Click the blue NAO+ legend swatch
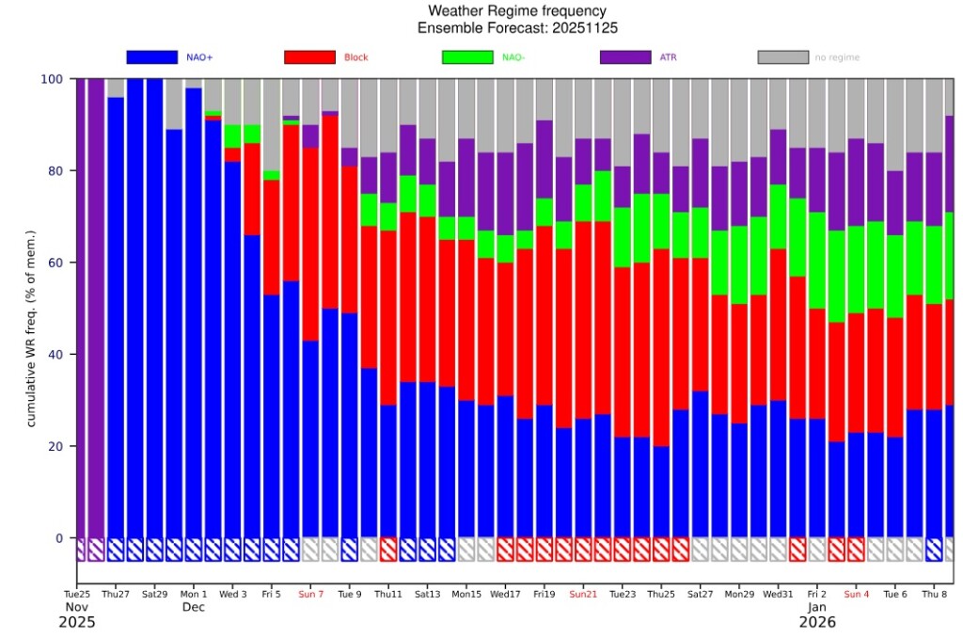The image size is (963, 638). pyautogui.click(x=151, y=57)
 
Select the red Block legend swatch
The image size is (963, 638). pyautogui.click(x=309, y=57)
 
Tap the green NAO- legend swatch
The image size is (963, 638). pyautogui.click(x=467, y=57)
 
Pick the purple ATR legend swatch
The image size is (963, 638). pyautogui.click(x=625, y=57)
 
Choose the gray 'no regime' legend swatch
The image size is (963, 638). pyautogui.click(x=783, y=57)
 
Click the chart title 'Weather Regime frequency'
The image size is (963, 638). pyautogui.click(x=517, y=10)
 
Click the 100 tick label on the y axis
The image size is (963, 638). pyautogui.click(x=52, y=79)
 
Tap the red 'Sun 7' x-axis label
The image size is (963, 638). pyautogui.click(x=310, y=595)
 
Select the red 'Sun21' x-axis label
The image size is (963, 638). pyautogui.click(x=583, y=595)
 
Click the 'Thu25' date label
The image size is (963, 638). pyautogui.click(x=661, y=595)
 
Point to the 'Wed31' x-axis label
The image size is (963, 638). pyautogui.click(x=778, y=595)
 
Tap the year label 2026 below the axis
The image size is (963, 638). pyautogui.click(x=817, y=623)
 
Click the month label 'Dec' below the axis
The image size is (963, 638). pyautogui.click(x=194, y=607)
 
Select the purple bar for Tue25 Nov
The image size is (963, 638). pyautogui.click(x=81, y=308)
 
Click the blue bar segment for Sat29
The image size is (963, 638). pyautogui.click(x=155, y=308)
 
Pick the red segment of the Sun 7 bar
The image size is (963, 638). pyautogui.click(x=310, y=245)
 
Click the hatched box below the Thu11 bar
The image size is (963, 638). pyautogui.click(x=388, y=550)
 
